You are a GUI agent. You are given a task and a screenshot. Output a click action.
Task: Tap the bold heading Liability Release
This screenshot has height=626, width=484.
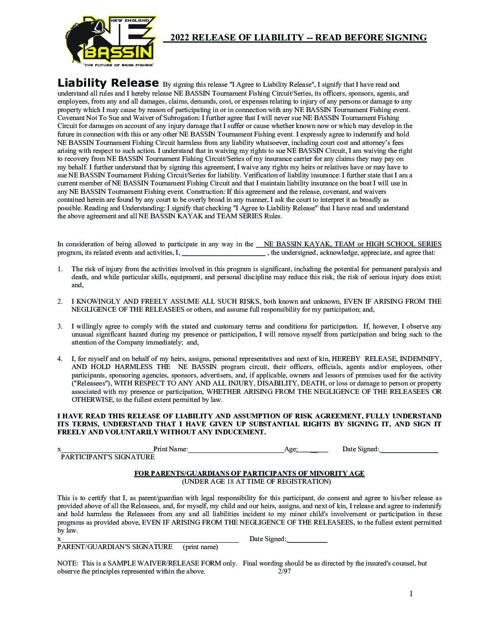pos(108,83)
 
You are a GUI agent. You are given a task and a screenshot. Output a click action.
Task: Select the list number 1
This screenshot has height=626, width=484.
pos(60,269)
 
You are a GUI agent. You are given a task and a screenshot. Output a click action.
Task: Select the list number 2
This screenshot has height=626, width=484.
pos(60,301)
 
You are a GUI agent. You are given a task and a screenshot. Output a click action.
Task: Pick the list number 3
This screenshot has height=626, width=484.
pos(60,326)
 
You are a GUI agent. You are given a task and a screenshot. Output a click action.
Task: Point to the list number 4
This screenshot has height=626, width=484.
pos(60,358)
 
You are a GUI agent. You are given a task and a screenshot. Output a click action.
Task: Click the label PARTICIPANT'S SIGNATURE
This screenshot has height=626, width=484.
pos(108,457)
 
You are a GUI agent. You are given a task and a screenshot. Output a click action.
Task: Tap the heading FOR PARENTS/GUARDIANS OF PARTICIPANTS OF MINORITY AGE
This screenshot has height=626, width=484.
pos(250,474)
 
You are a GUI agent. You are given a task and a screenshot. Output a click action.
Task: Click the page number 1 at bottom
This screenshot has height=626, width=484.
pos(411,594)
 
